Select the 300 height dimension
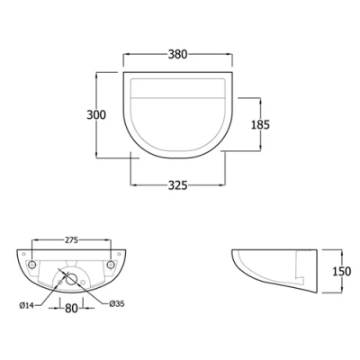(97, 114)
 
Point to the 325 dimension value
(177, 186)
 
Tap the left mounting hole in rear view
(32, 266)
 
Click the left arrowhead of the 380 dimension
(125, 63)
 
